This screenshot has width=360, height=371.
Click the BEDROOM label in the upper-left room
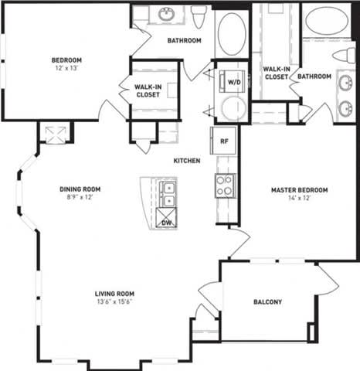(66, 60)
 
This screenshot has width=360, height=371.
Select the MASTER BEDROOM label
(299, 190)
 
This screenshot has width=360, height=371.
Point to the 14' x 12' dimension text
(299, 199)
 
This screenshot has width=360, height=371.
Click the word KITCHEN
(187, 161)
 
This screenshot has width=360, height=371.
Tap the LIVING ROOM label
(115, 294)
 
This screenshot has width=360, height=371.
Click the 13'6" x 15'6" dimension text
(115, 303)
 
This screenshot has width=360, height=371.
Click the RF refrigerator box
(224, 141)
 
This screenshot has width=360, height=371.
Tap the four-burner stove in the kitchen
(225, 185)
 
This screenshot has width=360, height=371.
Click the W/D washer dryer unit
(232, 80)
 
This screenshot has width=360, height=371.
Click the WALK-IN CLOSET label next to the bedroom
(147, 91)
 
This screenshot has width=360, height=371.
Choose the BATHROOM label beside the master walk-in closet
(314, 77)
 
